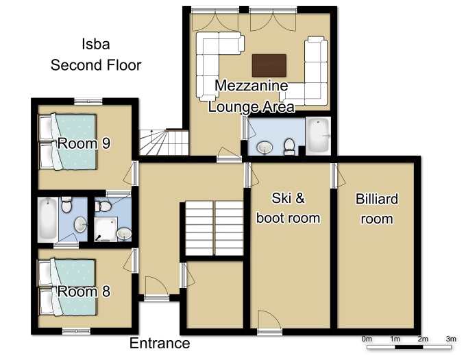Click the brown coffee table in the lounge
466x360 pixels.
(269, 65)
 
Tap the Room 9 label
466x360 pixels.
(84, 143)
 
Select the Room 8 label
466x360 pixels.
(84, 291)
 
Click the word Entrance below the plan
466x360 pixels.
(160, 343)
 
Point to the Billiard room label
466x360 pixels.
(376, 208)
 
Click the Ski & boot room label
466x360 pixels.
(288, 208)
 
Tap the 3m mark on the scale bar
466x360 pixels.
(451, 339)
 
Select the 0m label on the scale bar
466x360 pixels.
(367, 339)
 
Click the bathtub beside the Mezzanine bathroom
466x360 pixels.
(318, 136)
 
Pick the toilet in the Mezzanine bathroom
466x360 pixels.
(289, 147)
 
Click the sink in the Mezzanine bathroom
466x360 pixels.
(265, 147)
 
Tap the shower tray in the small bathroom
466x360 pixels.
(106, 228)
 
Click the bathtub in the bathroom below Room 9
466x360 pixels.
(47, 218)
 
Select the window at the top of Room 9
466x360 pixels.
(88, 101)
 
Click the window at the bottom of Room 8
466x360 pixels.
(76, 331)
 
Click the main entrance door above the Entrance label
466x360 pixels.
(157, 289)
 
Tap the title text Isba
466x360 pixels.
(96, 44)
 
